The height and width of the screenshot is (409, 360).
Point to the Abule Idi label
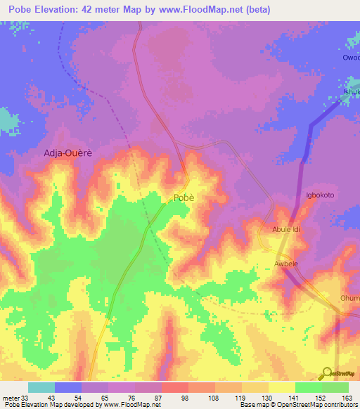point(286,230)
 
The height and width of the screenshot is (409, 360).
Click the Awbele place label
point(287,264)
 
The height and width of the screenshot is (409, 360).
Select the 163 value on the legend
point(347,398)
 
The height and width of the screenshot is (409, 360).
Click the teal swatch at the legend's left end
point(41,387)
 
